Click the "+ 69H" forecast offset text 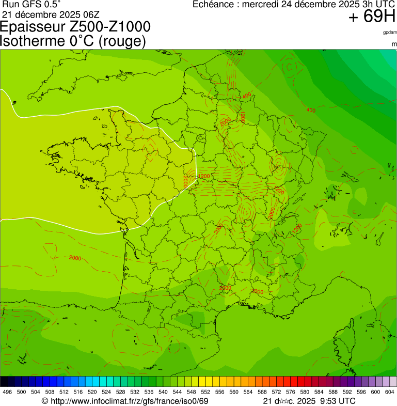pos(372,17)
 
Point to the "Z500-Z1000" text pos(110,27)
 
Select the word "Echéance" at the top pos(213,4)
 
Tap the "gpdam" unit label pos(390,33)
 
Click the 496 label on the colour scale pos(7,392)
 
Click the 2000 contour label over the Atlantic pos(75,258)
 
